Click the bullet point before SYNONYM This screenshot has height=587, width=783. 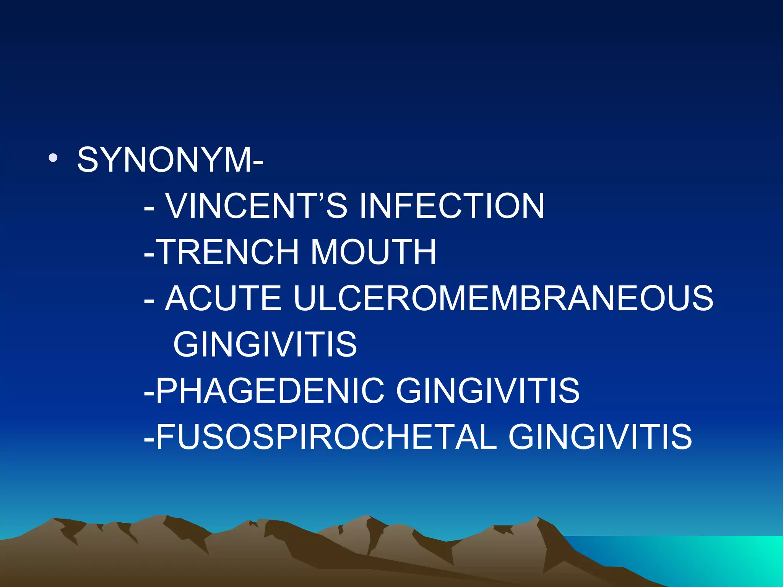click(x=53, y=158)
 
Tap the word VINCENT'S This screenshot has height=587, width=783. click(x=257, y=206)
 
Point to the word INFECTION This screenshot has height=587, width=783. click(x=452, y=206)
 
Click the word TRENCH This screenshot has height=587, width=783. click(x=228, y=252)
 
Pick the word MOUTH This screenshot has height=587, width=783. click(x=373, y=252)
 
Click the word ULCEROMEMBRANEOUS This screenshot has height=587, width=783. click(x=503, y=298)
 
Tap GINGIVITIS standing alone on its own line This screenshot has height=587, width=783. click(x=265, y=344)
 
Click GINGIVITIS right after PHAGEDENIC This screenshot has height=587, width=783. click(x=488, y=391)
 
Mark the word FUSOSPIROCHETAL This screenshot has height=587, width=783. click(x=327, y=437)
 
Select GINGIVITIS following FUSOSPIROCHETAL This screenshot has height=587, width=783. click(x=600, y=437)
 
